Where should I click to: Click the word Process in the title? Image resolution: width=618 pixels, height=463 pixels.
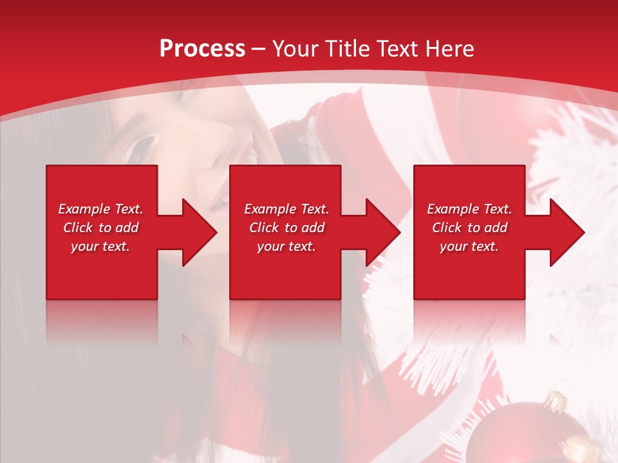click(x=202, y=49)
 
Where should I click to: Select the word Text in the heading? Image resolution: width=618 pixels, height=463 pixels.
click(x=397, y=49)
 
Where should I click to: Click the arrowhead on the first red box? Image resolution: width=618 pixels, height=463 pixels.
click(x=200, y=232)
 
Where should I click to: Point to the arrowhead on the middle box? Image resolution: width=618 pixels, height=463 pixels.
click(x=383, y=232)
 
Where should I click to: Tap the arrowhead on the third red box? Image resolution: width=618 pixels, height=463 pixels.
click(x=567, y=232)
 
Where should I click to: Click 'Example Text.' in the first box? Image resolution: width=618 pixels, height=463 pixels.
click(x=100, y=209)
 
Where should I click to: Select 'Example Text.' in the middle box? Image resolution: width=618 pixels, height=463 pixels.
click(x=286, y=209)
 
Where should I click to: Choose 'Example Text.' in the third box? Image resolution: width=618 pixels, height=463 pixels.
click(x=469, y=209)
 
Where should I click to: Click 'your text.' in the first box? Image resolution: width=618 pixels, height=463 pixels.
click(x=100, y=246)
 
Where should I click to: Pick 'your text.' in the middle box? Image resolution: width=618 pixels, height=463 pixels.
click(x=286, y=246)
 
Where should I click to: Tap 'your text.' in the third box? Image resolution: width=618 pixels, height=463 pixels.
click(x=469, y=246)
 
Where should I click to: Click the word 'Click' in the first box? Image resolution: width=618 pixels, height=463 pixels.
click(x=79, y=228)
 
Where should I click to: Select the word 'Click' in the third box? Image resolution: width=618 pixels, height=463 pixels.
click(x=447, y=228)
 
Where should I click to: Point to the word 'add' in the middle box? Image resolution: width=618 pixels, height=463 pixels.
click(x=313, y=228)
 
